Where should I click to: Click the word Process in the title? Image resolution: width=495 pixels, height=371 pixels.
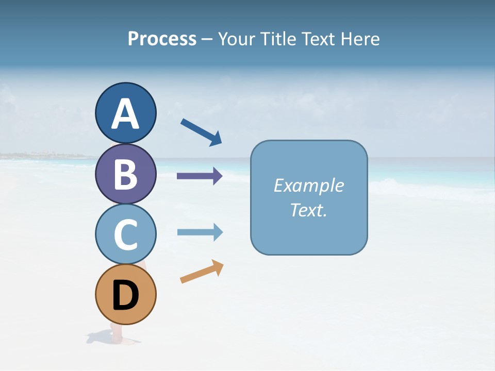tap(162, 39)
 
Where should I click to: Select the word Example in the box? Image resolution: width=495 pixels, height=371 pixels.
tap(308, 185)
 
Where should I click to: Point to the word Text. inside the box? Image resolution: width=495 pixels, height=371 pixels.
tap(308, 210)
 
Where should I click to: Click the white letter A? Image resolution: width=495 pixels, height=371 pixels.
tap(125, 114)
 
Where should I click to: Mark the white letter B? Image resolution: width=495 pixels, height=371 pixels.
tap(125, 174)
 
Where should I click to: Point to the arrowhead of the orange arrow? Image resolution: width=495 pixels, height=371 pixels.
tap(218, 266)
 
